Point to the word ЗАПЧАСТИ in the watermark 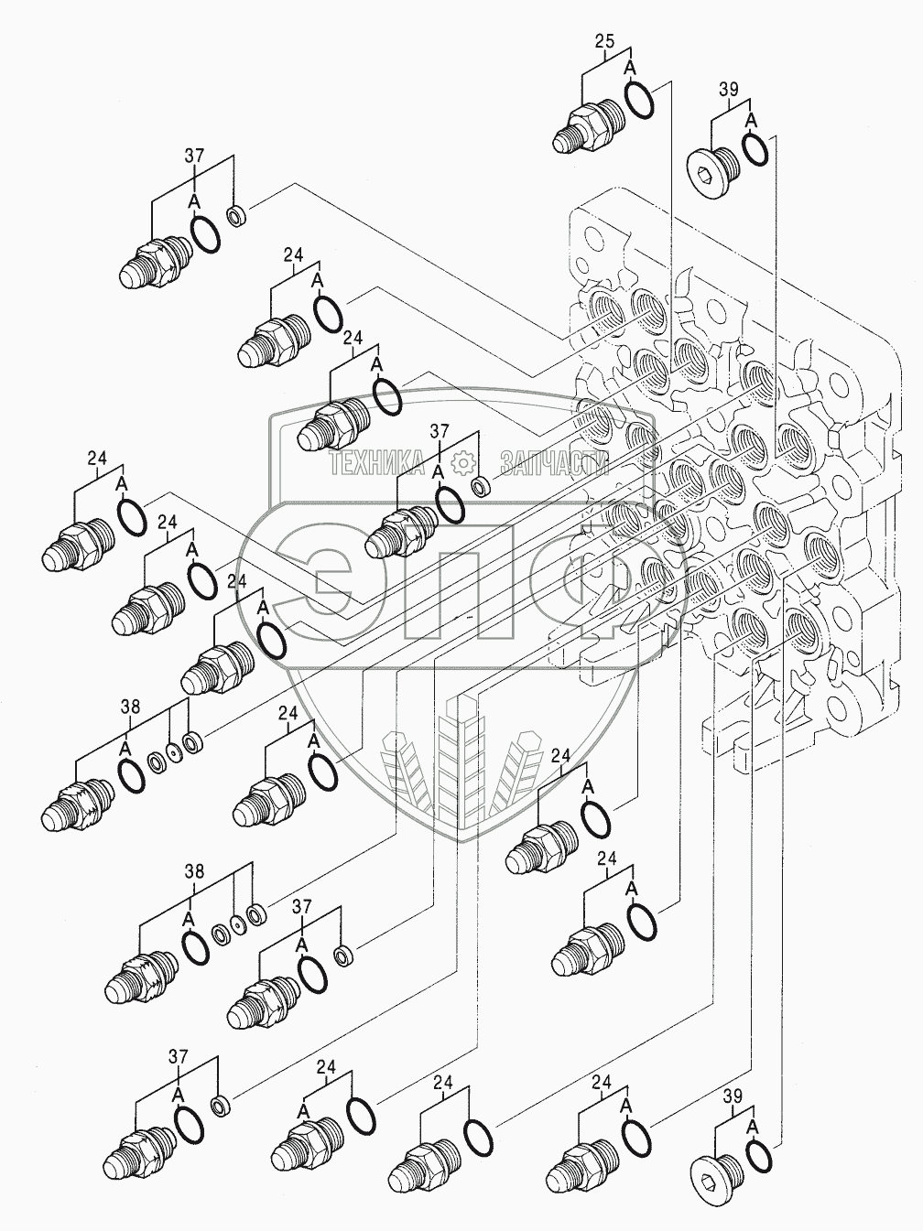pyautogui.click(x=555, y=465)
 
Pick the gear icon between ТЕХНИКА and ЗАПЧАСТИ pyautogui.click(x=464, y=463)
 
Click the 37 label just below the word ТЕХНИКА pyautogui.click(x=440, y=431)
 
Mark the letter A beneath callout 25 pyautogui.click(x=630, y=68)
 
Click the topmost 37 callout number pyautogui.click(x=194, y=156)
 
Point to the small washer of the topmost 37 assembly pyautogui.click(x=235, y=218)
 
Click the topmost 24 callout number pyautogui.click(x=293, y=255)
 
